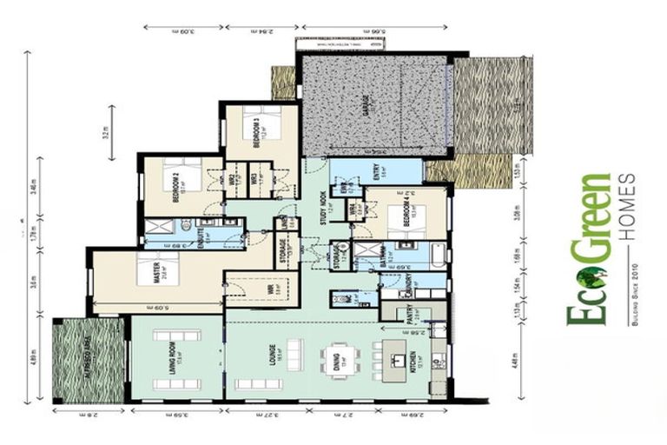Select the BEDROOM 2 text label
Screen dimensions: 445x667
176,183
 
